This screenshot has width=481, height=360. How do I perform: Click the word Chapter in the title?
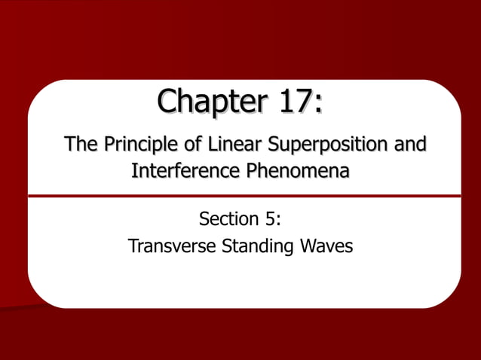pos(204,103)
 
